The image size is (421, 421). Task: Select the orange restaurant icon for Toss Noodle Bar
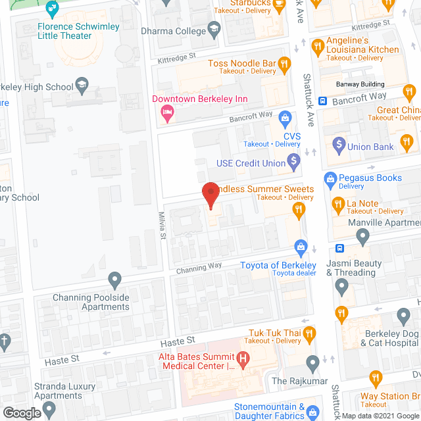tap(284, 64)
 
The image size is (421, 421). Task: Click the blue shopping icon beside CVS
tap(285, 118)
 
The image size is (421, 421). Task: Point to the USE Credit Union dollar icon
tap(293, 160)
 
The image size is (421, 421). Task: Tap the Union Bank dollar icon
tap(339, 143)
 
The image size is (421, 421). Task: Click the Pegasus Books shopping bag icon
tap(330, 178)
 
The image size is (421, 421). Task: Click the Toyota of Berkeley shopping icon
tap(301, 247)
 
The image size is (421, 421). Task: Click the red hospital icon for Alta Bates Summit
tap(243, 359)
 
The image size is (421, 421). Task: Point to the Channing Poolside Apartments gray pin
tap(114, 280)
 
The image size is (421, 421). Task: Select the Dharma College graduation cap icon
tap(214, 29)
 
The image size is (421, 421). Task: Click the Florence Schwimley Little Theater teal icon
tap(53, 9)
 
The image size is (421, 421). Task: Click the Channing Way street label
tap(199, 268)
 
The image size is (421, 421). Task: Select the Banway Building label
tap(360, 84)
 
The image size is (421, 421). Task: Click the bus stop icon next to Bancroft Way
tap(323, 101)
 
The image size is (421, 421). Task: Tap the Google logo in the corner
tap(21, 412)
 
